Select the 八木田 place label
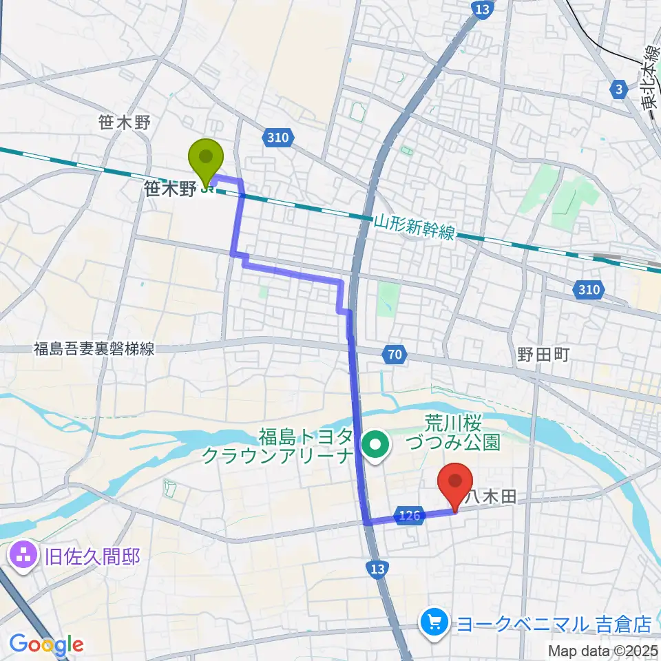point(490,496)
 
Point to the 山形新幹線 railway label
point(415,227)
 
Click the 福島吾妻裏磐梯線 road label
point(94,349)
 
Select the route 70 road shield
point(393,356)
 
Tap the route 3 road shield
point(619,88)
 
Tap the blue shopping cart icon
point(434,623)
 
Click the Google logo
point(46,644)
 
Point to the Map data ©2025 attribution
point(603,651)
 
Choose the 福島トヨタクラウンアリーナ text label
point(306,446)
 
